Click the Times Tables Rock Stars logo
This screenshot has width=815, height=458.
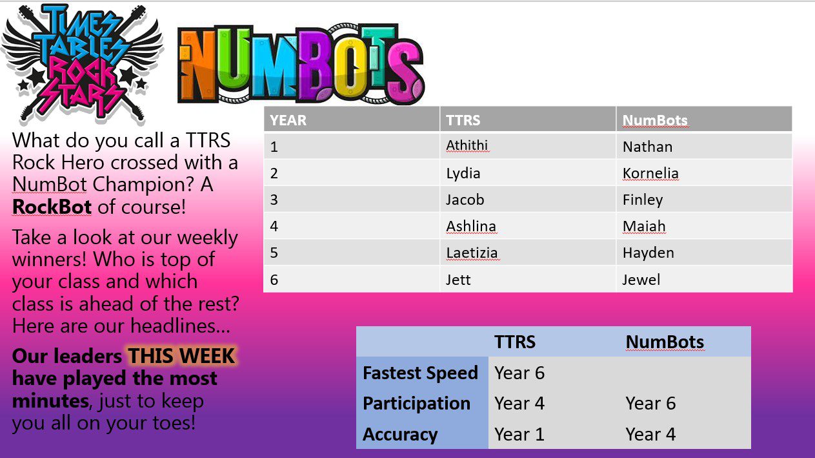(82, 64)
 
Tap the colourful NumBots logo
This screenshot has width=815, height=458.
(301, 64)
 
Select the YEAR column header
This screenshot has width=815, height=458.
(288, 120)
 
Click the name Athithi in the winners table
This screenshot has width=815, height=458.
(467, 145)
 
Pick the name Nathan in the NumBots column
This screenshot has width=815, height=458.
(647, 147)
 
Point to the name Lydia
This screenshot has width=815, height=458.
(463, 173)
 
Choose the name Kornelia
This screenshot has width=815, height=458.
(650, 173)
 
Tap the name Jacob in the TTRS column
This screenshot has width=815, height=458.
(465, 200)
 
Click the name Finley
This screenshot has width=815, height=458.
(643, 200)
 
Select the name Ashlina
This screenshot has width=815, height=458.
(471, 226)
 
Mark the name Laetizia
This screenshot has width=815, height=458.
(472, 253)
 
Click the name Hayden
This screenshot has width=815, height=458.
(648, 253)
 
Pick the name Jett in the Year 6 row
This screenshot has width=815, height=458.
(458, 280)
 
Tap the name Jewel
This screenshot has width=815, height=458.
(641, 280)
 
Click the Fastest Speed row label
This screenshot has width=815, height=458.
(420, 373)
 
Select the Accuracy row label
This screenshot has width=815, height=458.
(400, 434)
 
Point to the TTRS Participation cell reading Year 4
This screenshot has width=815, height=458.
(519, 403)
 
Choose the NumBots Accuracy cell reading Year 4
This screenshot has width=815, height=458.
(650, 434)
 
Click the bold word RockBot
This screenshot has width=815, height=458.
(52, 207)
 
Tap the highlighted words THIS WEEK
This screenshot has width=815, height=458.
(181, 356)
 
